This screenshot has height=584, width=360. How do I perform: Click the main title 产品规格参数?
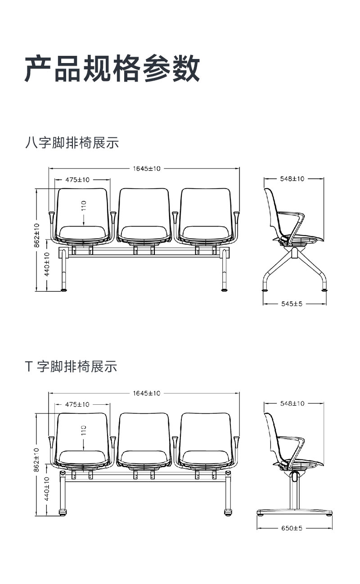(112, 68)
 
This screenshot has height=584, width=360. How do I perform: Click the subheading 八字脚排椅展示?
(72, 143)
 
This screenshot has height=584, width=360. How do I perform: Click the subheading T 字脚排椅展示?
(71, 367)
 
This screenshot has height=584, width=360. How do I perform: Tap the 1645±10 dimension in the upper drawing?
(147, 169)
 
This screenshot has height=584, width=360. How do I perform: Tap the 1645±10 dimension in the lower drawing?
(147, 393)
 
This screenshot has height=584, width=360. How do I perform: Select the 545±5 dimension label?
(292, 304)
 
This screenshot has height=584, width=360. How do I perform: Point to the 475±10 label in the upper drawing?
(77, 180)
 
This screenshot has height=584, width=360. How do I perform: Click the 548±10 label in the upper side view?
(292, 179)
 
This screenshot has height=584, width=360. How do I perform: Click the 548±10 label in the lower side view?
(292, 403)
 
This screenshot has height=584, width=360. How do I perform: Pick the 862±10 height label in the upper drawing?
(37, 235)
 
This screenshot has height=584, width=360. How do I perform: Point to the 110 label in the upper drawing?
(83, 205)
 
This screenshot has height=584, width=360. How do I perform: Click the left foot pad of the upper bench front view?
(63, 290)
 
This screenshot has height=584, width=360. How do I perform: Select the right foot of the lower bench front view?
(228, 512)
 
